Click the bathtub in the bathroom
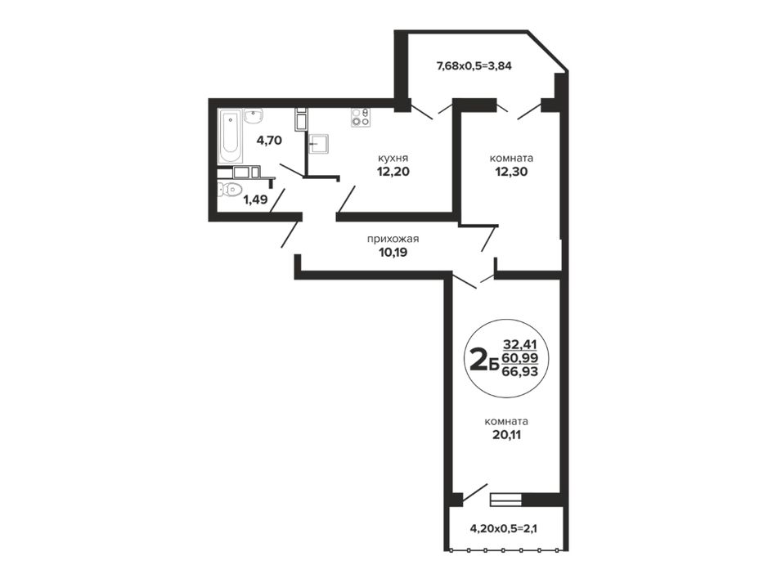[x=231, y=137]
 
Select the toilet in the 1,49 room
[x=228, y=189]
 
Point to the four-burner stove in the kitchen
[x=360, y=118]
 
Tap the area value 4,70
[x=268, y=140]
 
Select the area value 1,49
[x=254, y=200]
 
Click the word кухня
[x=393, y=159]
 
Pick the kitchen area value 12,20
[x=393, y=172]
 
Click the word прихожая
[x=393, y=240]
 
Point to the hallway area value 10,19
[x=393, y=253]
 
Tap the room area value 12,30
[x=511, y=172]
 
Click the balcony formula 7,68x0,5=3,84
[x=474, y=65]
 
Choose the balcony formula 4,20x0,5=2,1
[x=504, y=528]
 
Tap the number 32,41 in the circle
[x=520, y=343]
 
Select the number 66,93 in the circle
[x=520, y=371]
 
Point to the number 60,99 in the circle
[x=520, y=357]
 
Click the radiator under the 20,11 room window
[x=505, y=500]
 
